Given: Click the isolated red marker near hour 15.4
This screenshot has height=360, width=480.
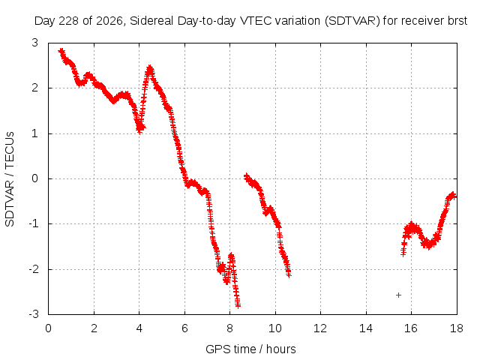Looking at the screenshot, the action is (398, 295).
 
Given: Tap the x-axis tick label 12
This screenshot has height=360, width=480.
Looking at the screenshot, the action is (320, 328).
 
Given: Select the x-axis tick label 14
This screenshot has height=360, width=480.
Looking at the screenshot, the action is (365, 328).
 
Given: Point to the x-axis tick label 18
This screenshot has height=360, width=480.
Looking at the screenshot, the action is (456, 328).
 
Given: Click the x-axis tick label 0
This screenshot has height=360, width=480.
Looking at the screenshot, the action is (48, 328).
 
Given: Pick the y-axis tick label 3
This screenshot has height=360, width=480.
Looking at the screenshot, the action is (35, 43).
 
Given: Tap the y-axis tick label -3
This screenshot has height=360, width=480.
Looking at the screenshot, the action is (34, 314).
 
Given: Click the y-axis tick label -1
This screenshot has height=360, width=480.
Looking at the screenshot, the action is (34, 223).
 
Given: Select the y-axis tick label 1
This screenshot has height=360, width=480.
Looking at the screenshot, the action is (35, 133).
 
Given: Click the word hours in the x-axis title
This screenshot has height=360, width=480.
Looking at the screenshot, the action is (280, 349).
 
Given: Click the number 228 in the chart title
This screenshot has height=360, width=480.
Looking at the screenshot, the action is (69, 21).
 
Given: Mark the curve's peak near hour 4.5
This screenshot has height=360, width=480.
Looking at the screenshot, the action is (150, 67).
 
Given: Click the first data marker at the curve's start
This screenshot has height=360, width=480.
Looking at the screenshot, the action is (61, 50).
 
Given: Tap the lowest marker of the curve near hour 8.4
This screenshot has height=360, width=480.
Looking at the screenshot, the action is (238, 305).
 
